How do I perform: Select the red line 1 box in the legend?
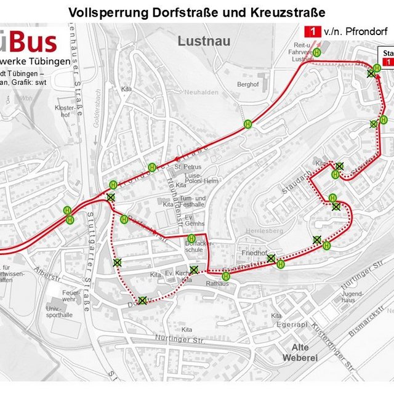[314, 30]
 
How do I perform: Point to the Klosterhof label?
[63, 111]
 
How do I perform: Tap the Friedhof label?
[254, 253]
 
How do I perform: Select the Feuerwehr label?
[71, 296]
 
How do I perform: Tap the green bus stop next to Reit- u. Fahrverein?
[316, 53]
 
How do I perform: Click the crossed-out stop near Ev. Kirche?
[194, 270]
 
